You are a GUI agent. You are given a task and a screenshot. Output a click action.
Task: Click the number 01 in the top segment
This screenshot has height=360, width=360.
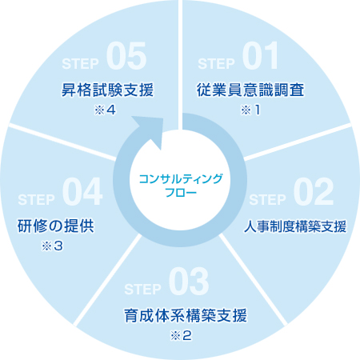point(261,56)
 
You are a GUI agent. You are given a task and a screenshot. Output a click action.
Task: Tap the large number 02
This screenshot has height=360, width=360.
point(314,191)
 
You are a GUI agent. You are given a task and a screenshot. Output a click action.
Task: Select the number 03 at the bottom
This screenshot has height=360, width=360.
point(189,282)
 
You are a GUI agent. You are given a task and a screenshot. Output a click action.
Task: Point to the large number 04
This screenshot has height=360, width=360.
point(82,191)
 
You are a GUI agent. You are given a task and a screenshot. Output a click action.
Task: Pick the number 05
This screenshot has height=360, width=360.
point(126,56)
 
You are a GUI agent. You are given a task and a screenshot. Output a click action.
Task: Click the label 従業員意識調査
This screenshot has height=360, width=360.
point(250,90)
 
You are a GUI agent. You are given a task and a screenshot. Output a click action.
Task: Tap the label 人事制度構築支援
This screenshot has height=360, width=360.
point(295,226)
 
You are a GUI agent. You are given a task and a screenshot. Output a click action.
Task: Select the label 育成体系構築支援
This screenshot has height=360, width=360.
point(186,315)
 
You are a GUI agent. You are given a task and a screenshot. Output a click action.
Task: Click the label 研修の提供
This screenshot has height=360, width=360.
point(56,226)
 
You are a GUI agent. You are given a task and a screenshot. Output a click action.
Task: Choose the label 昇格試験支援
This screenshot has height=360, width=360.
point(107,90)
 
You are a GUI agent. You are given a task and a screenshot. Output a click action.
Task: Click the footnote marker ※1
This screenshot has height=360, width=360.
point(250,110)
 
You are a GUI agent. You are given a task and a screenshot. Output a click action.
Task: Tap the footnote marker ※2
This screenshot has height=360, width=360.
point(181,335)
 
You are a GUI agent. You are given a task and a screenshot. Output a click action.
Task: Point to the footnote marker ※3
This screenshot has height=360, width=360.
point(52,246)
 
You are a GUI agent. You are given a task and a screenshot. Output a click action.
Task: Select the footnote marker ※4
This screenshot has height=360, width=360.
point(105,110)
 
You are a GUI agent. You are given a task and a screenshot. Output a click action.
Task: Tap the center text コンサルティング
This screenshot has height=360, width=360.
point(181,179)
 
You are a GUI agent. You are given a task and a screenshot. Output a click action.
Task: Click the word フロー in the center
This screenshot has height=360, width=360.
point(181,192)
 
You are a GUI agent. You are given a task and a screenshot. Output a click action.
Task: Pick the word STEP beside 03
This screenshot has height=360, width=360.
point(142,289)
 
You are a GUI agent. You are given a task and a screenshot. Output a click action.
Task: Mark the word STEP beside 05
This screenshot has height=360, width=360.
point(80,63)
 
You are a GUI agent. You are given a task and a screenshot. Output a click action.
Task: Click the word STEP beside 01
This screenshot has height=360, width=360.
point(216,63)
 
